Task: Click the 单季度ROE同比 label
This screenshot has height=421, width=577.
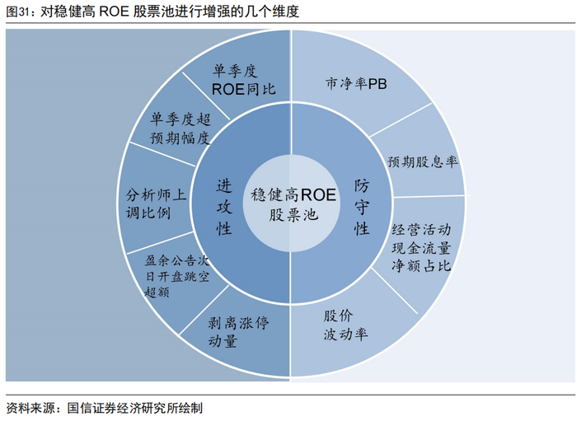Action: click(x=244, y=81)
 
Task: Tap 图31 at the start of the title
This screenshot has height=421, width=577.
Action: click(x=19, y=12)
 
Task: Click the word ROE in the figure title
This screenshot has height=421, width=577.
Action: click(x=115, y=12)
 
